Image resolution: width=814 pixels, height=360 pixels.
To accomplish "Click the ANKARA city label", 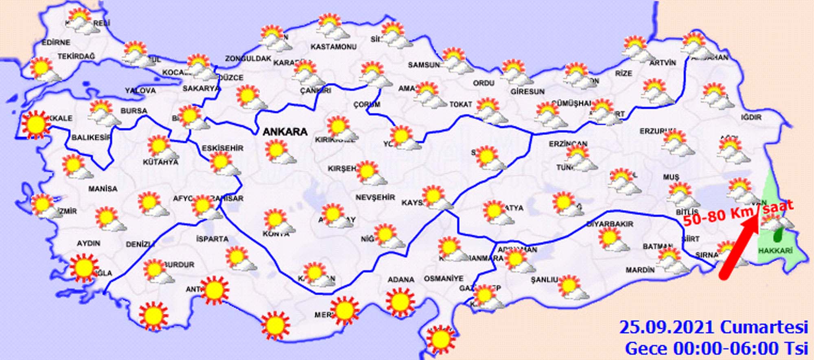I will (x=285, y=132).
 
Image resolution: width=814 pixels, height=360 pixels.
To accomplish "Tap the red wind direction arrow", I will (x=739, y=249).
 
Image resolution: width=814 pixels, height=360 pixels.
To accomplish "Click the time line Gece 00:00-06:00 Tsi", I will (x=716, y=349).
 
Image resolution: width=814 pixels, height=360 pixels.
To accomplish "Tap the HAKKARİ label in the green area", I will (x=775, y=251).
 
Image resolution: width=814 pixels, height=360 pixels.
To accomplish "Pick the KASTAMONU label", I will (x=333, y=47).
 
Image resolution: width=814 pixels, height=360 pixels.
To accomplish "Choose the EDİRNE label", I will (x=56, y=42).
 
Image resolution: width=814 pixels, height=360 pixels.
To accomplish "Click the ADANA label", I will (x=401, y=280).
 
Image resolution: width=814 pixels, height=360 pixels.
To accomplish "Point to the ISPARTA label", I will (x=212, y=239).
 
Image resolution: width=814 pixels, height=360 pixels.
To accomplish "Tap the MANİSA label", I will (x=103, y=189).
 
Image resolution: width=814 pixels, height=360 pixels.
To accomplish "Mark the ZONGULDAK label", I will (x=248, y=59).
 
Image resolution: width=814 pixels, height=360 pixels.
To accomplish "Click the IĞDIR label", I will (x=751, y=117).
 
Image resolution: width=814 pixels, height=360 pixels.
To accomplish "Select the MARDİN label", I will (x=640, y=270).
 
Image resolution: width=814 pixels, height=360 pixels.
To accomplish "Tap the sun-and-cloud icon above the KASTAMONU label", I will (x=332, y=26).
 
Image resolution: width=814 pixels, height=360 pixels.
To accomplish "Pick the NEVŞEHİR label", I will (x=375, y=198).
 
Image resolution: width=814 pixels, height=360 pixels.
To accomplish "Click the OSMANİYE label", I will (x=444, y=279).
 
